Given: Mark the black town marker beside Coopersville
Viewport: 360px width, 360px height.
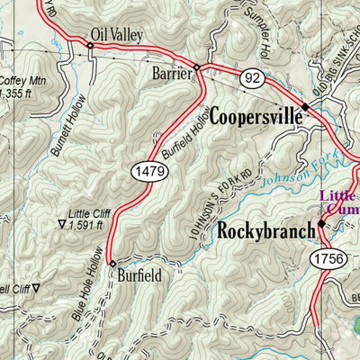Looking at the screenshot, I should point(305,106).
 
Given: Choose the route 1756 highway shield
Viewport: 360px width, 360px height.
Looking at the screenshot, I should point(330,259).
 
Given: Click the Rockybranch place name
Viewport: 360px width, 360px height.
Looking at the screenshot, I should point(266,230).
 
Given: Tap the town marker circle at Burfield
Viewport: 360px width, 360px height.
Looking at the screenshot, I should point(112,264).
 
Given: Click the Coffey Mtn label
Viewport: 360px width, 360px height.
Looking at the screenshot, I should point(15,85).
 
